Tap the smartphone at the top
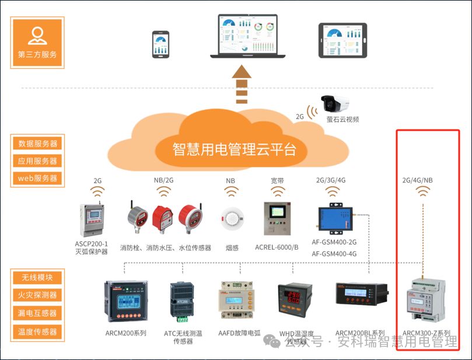(160, 44)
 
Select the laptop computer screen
(249, 34)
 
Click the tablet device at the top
(343, 40)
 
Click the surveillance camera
(335, 103)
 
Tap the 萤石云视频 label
(342, 120)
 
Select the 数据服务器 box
(38, 144)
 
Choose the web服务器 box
(38, 178)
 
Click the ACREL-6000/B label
(277, 247)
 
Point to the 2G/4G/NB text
(418, 180)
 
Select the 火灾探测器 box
(38, 295)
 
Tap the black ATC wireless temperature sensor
(183, 300)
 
